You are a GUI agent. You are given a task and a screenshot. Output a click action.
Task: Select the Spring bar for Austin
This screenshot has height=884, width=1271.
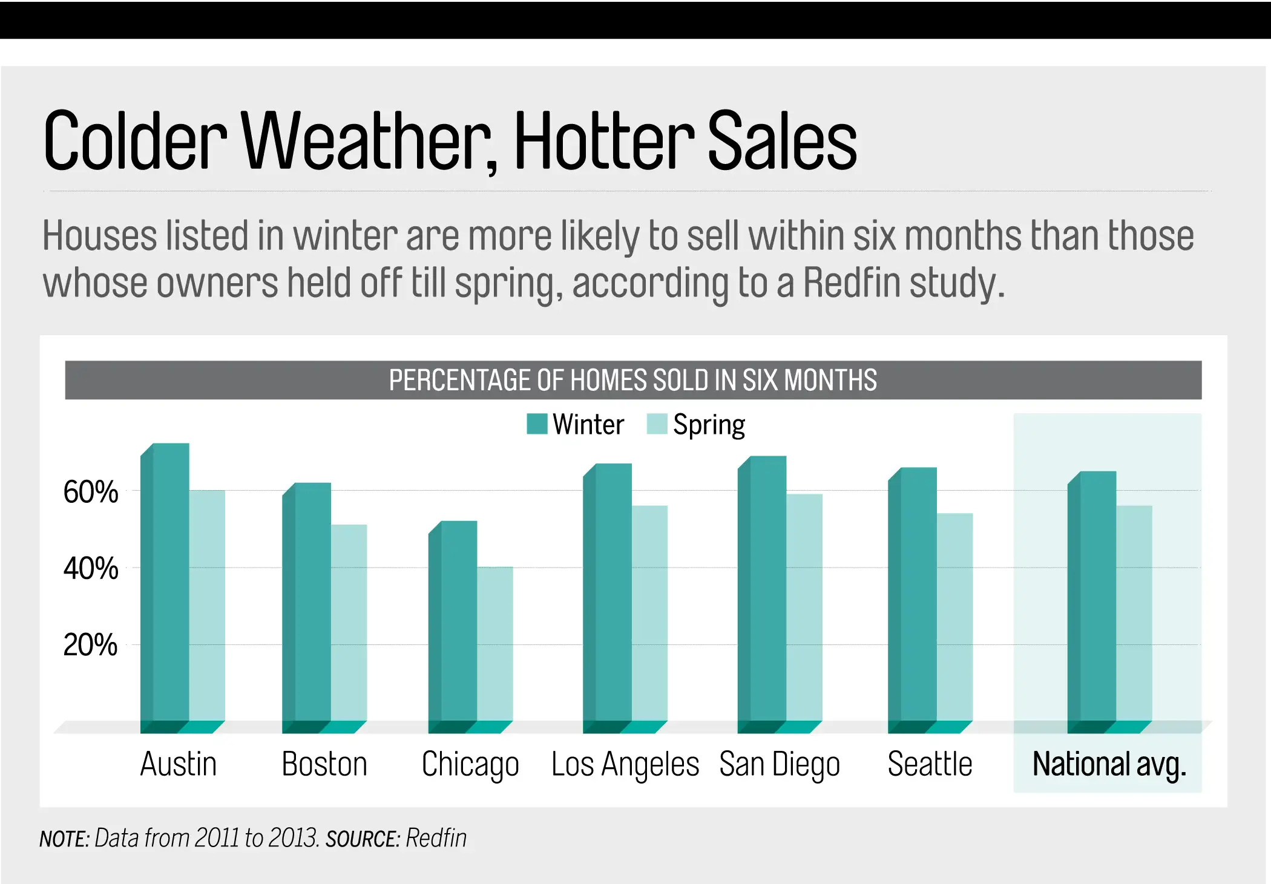[207, 605]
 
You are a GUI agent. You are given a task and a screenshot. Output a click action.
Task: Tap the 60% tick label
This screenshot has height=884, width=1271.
[91, 492]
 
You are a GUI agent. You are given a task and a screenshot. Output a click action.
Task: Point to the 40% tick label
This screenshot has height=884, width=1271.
[91, 569]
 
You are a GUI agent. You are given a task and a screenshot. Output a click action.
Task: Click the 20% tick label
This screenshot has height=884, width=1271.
[91, 645]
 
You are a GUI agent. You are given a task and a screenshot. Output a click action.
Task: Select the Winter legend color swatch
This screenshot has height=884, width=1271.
[537, 424]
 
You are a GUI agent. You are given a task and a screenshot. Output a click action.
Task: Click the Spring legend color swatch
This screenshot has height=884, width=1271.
[657, 424]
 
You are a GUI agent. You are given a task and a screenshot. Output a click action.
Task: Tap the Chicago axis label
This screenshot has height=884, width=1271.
[470, 764]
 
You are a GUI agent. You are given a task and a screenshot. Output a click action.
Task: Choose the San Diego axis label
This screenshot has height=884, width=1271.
[780, 764]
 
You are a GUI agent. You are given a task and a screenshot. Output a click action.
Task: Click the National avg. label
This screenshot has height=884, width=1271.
[1109, 764]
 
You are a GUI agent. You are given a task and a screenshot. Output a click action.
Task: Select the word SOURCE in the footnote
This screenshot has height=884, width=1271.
[362, 839]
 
